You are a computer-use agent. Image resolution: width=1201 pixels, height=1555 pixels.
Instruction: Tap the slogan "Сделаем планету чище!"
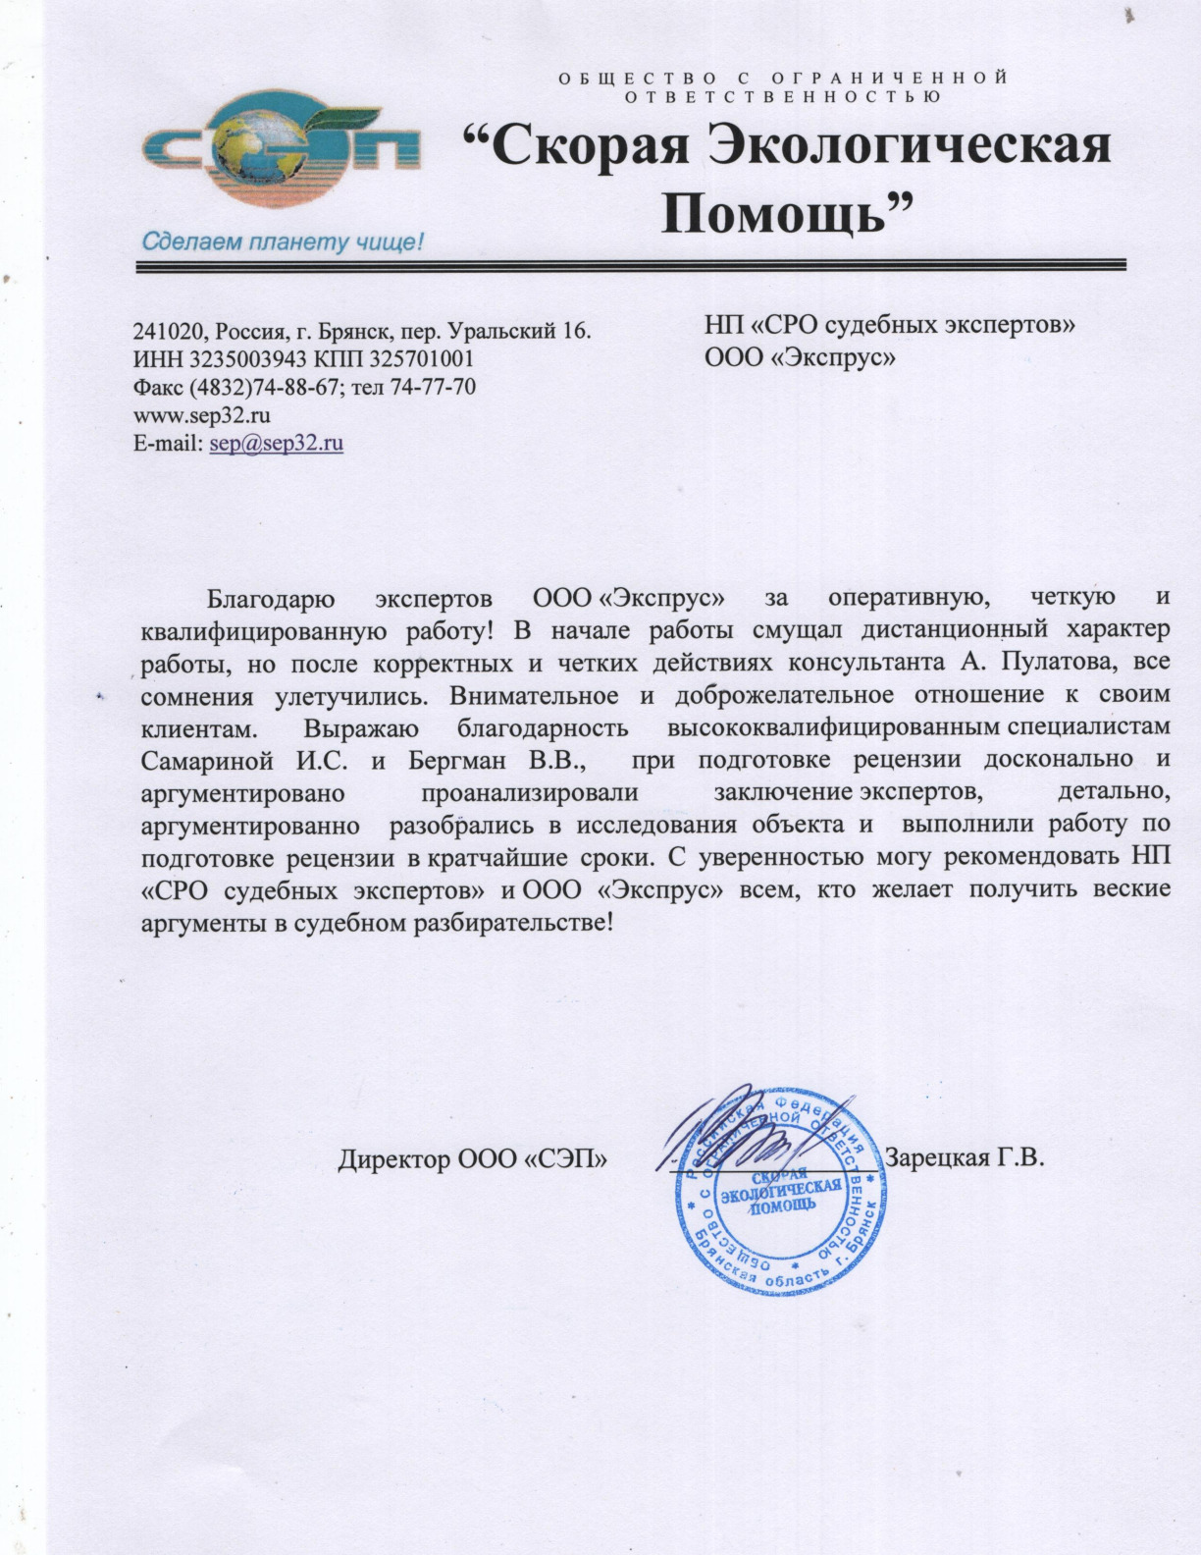pos(283,241)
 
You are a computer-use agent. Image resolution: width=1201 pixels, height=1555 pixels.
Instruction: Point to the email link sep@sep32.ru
pos(277,443)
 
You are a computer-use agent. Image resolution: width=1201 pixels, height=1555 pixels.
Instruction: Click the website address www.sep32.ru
pos(201,414)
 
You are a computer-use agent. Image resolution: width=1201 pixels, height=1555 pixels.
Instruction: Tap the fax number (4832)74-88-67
pos(254,387)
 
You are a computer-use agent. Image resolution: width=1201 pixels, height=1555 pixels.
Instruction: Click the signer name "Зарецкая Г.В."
pos(964,1157)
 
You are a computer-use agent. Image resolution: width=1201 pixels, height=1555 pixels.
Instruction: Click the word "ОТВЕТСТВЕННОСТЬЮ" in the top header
pos(783,96)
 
